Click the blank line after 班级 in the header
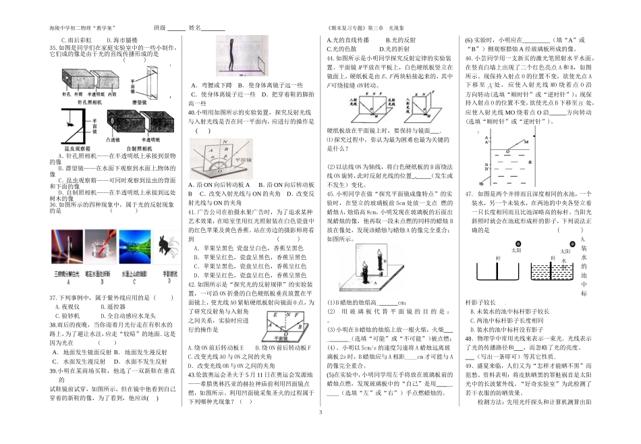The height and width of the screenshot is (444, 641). coord(175,28)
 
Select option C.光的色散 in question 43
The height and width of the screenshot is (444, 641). coord(339,49)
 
